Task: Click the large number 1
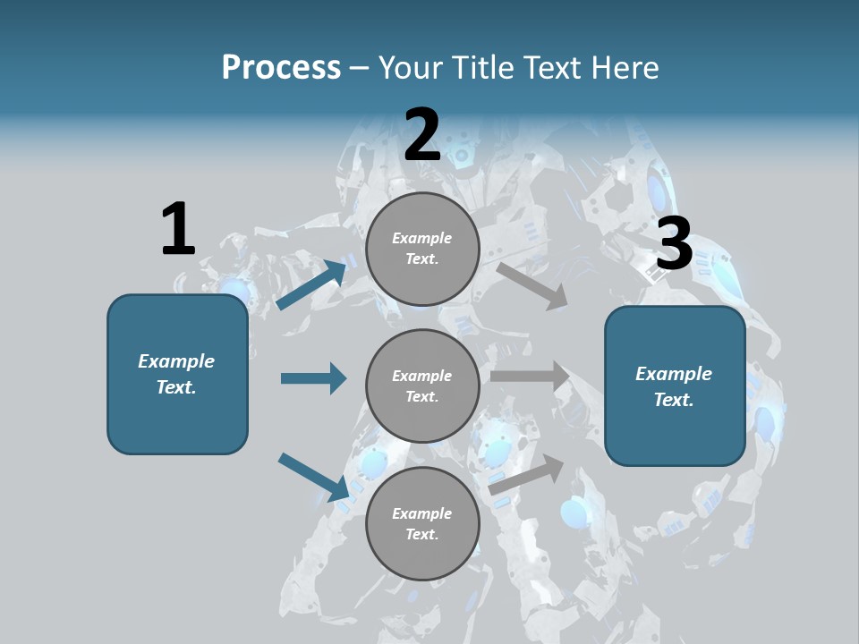click(x=178, y=229)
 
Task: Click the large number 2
click(x=422, y=135)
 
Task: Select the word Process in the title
click(x=281, y=67)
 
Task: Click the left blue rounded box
click(x=177, y=374)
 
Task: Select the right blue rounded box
click(x=675, y=386)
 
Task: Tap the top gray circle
click(x=422, y=248)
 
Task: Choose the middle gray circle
click(x=422, y=386)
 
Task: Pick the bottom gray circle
click(x=422, y=523)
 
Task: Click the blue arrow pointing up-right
click(x=311, y=284)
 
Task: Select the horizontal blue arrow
click(x=313, y=378)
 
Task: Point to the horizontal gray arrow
click(x=530, y=376)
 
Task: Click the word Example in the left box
click(x=176, y=361)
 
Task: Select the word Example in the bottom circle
click(x=421, y=513)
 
